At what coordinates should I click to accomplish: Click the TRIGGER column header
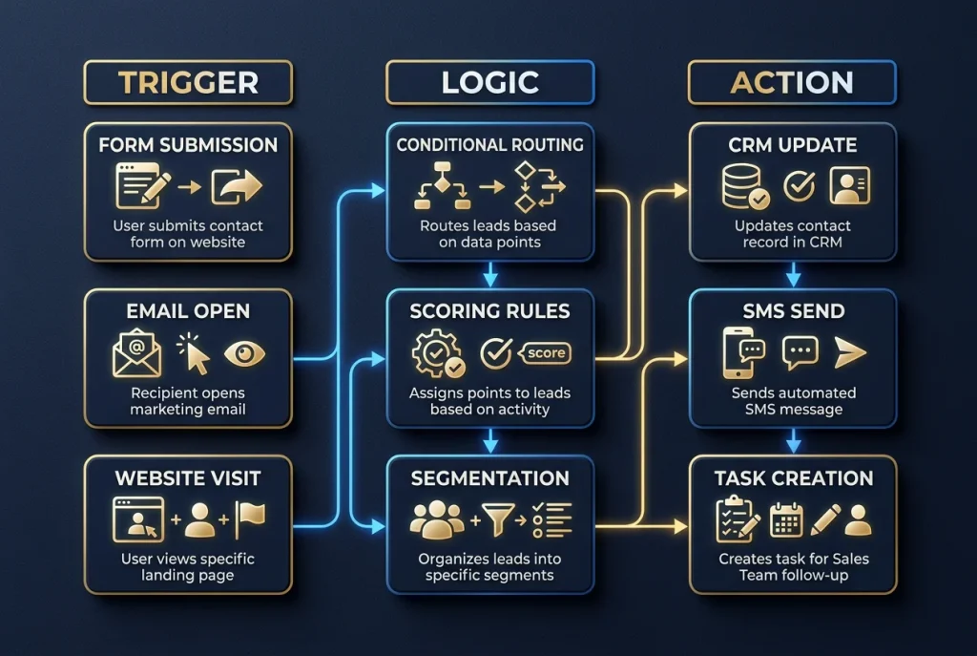[x=188, y=82]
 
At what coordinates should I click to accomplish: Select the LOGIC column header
[x=489, y=82]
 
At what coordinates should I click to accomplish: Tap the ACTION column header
[x=791, y=82]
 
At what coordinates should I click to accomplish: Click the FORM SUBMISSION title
[x=188, y=145]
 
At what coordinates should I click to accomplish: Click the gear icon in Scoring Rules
[x=438, y=354]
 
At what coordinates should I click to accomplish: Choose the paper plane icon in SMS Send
[x=848, y=352]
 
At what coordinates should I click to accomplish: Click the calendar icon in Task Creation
[x=787, y=518]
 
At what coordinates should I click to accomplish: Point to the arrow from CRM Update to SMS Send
[x=792, y=277]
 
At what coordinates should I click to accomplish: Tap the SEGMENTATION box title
[x=489, y=477]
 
